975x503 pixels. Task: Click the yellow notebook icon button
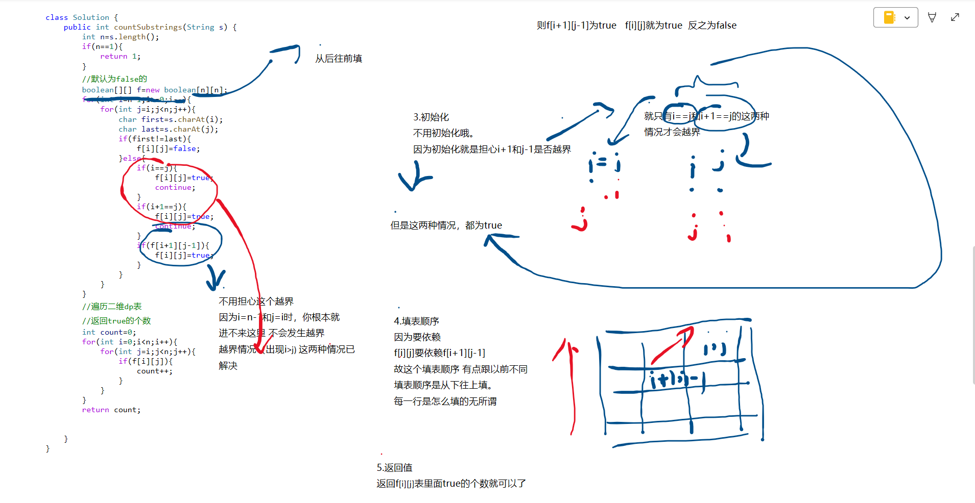pos(889,17)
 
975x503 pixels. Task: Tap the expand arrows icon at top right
pos(955,17)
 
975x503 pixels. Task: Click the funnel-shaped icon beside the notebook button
pos(932,17)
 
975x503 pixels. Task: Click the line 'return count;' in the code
pos(111,410)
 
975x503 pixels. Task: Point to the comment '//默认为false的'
pos(114,79)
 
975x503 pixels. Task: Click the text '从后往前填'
pos(338,59)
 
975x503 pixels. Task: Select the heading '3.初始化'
pos(431,117)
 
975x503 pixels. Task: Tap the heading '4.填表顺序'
pos(416,321)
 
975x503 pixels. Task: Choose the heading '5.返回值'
pos(394,467)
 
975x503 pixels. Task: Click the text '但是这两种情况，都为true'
pos(446,225)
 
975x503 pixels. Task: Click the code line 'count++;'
pos(154,371)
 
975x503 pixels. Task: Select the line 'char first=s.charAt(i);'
pos(171,119)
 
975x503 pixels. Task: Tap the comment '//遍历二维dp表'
pos(112,306)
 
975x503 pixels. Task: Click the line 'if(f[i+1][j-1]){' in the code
pos(173,245)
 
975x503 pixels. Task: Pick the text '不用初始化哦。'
pos(443,133)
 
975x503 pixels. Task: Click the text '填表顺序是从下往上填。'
pos(443,385)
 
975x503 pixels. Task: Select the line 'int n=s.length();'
pos(121,37)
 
